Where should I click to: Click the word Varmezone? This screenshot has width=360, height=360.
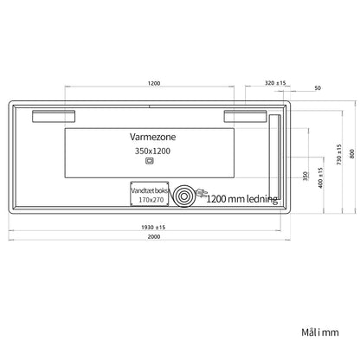[152, 137]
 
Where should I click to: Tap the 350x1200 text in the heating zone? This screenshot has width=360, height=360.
[152, 151]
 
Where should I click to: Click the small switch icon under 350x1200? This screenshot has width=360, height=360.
[150, 161]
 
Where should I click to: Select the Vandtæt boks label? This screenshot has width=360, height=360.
[150, 190]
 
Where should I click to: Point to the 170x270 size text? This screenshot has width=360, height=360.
[151, 200]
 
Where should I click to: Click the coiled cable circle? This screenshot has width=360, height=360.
[183, 196]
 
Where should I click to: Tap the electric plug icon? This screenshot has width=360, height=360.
[201, 192]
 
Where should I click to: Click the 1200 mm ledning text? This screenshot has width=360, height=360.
[242, 199]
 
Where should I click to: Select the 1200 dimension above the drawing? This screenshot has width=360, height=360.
[154, 83]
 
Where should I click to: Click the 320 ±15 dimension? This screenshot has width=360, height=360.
[275, 83]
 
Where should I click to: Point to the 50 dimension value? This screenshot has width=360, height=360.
[318, 88]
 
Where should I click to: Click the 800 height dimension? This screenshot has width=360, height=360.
[351, 154]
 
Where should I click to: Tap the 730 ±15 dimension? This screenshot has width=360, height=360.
[339, 155]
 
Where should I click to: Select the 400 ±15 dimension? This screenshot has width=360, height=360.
[320, 177]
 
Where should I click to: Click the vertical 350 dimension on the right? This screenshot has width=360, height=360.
[305, 176]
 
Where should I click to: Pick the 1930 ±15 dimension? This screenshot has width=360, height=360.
[153, 228]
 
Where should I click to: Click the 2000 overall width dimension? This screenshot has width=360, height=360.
[154, 237]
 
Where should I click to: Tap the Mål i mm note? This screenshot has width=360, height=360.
[320, 332]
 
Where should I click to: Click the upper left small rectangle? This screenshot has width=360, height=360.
[54, 116]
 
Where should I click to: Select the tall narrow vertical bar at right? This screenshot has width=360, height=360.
[274, 157]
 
